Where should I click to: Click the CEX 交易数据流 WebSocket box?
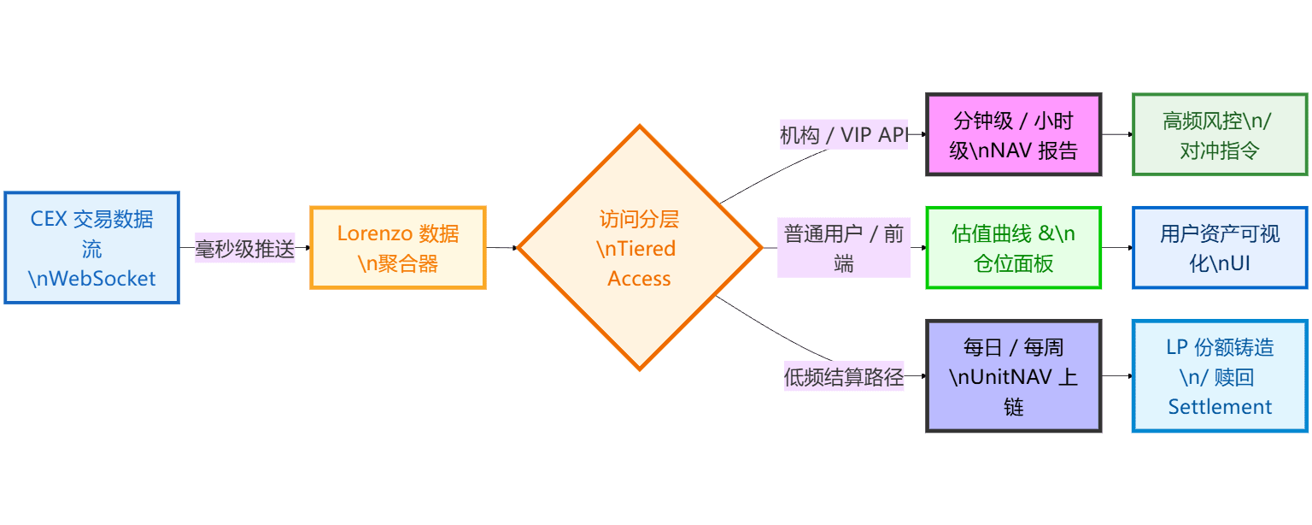[91, 248]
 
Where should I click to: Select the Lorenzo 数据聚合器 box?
[397, 248]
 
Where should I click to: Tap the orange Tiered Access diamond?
[639, 248]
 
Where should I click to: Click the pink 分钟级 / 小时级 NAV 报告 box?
[1014, 135]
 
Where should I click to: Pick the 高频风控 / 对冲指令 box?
[1219, 135]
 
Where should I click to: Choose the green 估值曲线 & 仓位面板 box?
[1014, 248]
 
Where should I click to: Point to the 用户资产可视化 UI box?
[1219, 248]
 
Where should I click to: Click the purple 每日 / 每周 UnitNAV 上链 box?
[1014, 376]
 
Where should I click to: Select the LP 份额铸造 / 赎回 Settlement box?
[1219, 376]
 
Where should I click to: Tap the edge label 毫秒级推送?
[245, 249]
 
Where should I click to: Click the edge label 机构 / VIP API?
[843, 135]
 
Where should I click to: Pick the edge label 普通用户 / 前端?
[843, 248]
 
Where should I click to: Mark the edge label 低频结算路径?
[843, 376]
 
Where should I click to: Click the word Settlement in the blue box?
[1220, 407]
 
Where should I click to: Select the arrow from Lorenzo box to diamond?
[502, 248]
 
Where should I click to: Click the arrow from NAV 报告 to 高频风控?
[1116, 134]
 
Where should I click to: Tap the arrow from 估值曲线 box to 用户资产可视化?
[1116, 248]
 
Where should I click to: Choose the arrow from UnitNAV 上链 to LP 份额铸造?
[1116, 376]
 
